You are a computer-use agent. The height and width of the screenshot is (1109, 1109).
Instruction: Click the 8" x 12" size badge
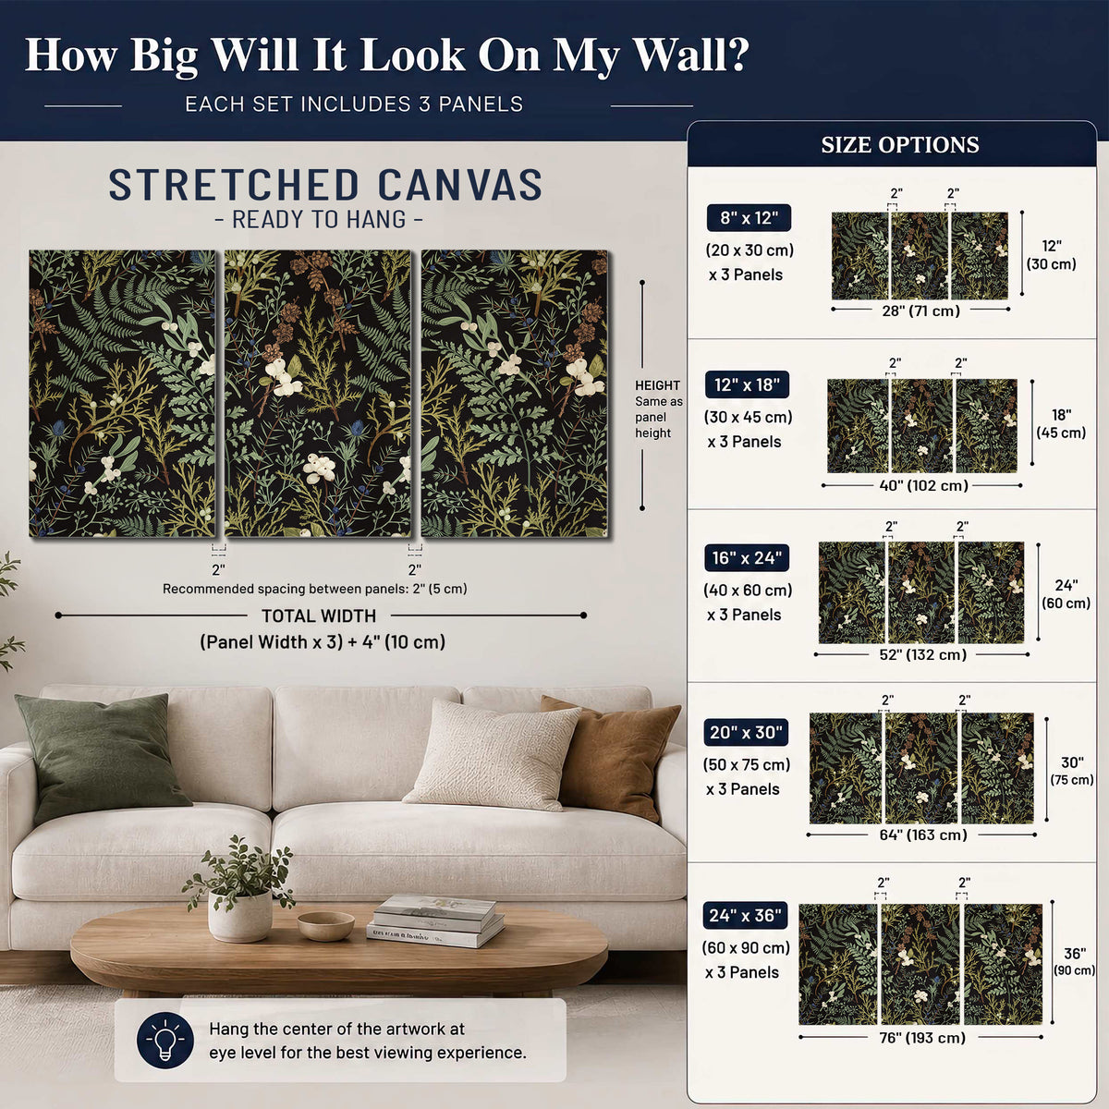749,218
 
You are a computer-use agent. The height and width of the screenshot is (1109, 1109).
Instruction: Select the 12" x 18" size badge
747,384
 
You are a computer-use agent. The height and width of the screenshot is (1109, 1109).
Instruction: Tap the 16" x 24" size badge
747,557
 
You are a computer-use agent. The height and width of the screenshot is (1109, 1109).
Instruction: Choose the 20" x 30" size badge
745,732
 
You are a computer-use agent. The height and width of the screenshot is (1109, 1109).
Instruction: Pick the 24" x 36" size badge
745,915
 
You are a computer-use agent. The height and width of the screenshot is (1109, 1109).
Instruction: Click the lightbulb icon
165,1040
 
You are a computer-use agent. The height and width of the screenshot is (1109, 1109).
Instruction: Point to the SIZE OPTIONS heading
899,144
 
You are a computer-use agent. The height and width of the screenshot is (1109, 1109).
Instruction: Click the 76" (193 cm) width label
922,1037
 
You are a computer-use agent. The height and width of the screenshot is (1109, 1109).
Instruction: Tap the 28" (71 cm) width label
920,311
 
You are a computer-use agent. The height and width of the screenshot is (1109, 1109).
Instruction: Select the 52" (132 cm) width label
922,654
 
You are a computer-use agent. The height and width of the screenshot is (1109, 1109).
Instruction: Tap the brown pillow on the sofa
611,755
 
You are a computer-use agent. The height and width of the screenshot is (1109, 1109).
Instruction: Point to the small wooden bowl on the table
325,925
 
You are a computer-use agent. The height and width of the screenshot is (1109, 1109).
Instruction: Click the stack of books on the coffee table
435,920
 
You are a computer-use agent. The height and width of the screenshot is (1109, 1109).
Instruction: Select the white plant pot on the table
240,915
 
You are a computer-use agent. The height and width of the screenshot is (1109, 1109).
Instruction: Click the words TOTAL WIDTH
319,615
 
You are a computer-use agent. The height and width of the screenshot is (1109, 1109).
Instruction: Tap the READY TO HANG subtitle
319,219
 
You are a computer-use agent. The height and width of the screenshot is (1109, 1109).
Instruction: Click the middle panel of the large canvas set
318,394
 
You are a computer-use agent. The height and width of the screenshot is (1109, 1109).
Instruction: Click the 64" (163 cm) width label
923,835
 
